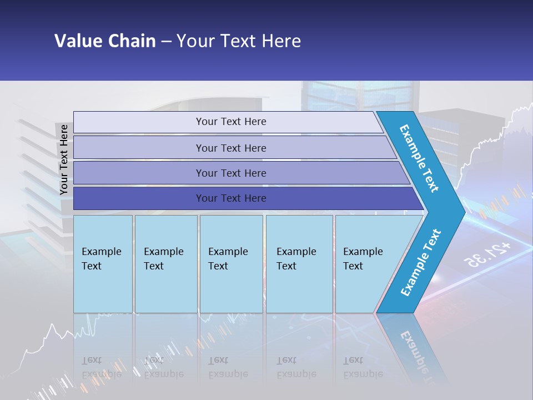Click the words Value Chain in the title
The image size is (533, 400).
(105, 41)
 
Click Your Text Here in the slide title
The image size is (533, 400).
(239, 41)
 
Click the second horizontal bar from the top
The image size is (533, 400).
(231, 148)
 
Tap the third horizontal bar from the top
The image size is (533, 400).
(231, 173)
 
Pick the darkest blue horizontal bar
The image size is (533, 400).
(231, 198)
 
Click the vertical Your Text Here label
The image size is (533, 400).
(64, 159)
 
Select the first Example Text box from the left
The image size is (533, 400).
(103, 264)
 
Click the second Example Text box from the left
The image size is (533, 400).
(165, 264)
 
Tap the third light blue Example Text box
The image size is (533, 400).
(231, 264)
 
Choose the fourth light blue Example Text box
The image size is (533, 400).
(299, 264)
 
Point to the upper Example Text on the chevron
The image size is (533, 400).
(419, 158)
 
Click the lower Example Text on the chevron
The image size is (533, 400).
(420, 263)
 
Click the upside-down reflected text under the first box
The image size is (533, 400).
(101, 367)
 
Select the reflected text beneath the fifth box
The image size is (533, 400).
(363, 367)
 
